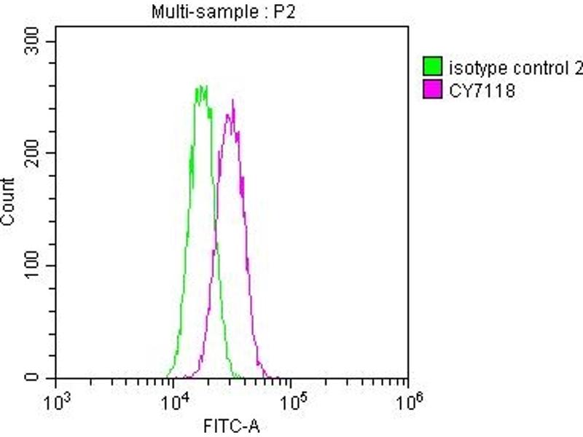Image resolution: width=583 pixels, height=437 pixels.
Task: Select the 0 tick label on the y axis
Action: point(42,377)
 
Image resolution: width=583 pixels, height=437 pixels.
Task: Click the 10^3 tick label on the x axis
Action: point(57,400)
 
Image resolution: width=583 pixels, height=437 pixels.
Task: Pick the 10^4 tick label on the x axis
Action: point(175,400)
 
